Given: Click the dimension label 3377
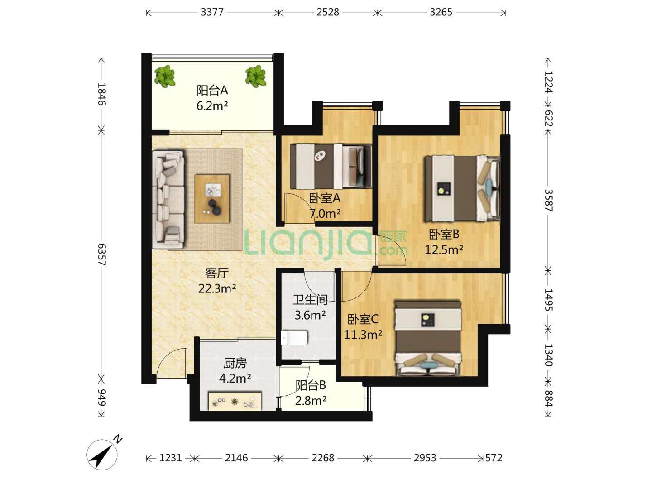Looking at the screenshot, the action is pyautogui.click(x=212, y=12).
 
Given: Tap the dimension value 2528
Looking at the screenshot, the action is pyautogui.click(x=328, y=12).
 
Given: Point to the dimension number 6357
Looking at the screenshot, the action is pyautogui.click(x=102, y=254).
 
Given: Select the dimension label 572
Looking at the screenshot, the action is pyautogui.click(x=494, y=458).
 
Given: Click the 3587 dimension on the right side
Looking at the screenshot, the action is pyautogui.click(x=548, y=201).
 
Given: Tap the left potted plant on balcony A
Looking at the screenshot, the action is pyautogui.click(x=164, y=77).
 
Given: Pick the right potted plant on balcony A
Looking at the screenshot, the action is pyautogui.click(x=255, y=77).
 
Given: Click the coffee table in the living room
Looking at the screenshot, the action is pyautogui.click(x=212, y=198).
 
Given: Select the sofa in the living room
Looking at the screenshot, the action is pyautogui.click(x=168, y=199).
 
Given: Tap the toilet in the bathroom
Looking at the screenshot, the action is pyautogui.click(x=295, y=338).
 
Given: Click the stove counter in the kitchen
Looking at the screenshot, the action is pyautogui.click(x=235, y=401).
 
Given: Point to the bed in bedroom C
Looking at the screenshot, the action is pyautogui.click(x=428, y=338).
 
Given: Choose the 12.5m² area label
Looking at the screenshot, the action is pyautogui.click(x=444, y=249).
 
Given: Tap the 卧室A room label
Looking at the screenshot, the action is pyautogui.click(x=325, y=198).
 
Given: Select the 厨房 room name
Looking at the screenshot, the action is pyautogui.click(x=235, y=363).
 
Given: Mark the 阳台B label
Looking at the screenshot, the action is pyautogui.click(x=311, y=385).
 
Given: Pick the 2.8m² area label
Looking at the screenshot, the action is pyautogui.click(x=311, y=401).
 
